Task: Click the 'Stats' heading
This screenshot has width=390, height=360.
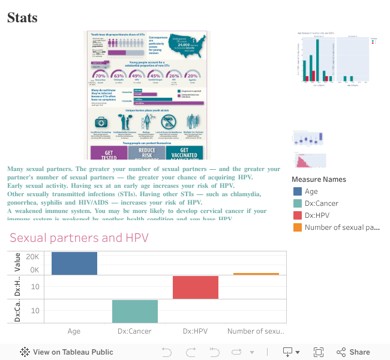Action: point(22,18)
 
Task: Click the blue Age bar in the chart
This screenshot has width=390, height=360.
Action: point(74,263)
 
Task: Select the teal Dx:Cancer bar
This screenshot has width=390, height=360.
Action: point(135,311)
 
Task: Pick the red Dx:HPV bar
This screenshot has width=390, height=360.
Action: point(196,287)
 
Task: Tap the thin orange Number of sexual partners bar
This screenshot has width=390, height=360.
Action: point(256,274)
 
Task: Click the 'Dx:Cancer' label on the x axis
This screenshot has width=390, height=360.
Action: point(134,331)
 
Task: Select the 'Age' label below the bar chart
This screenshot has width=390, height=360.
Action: point(74,331)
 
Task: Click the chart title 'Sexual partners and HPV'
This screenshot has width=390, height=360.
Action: point(79,238)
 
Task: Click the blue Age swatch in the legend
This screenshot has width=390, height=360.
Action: point(298,191)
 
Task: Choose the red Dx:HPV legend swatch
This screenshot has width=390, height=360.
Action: point(298,215)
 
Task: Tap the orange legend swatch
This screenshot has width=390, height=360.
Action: point(298,227)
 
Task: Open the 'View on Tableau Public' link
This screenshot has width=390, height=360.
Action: point(67,352)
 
